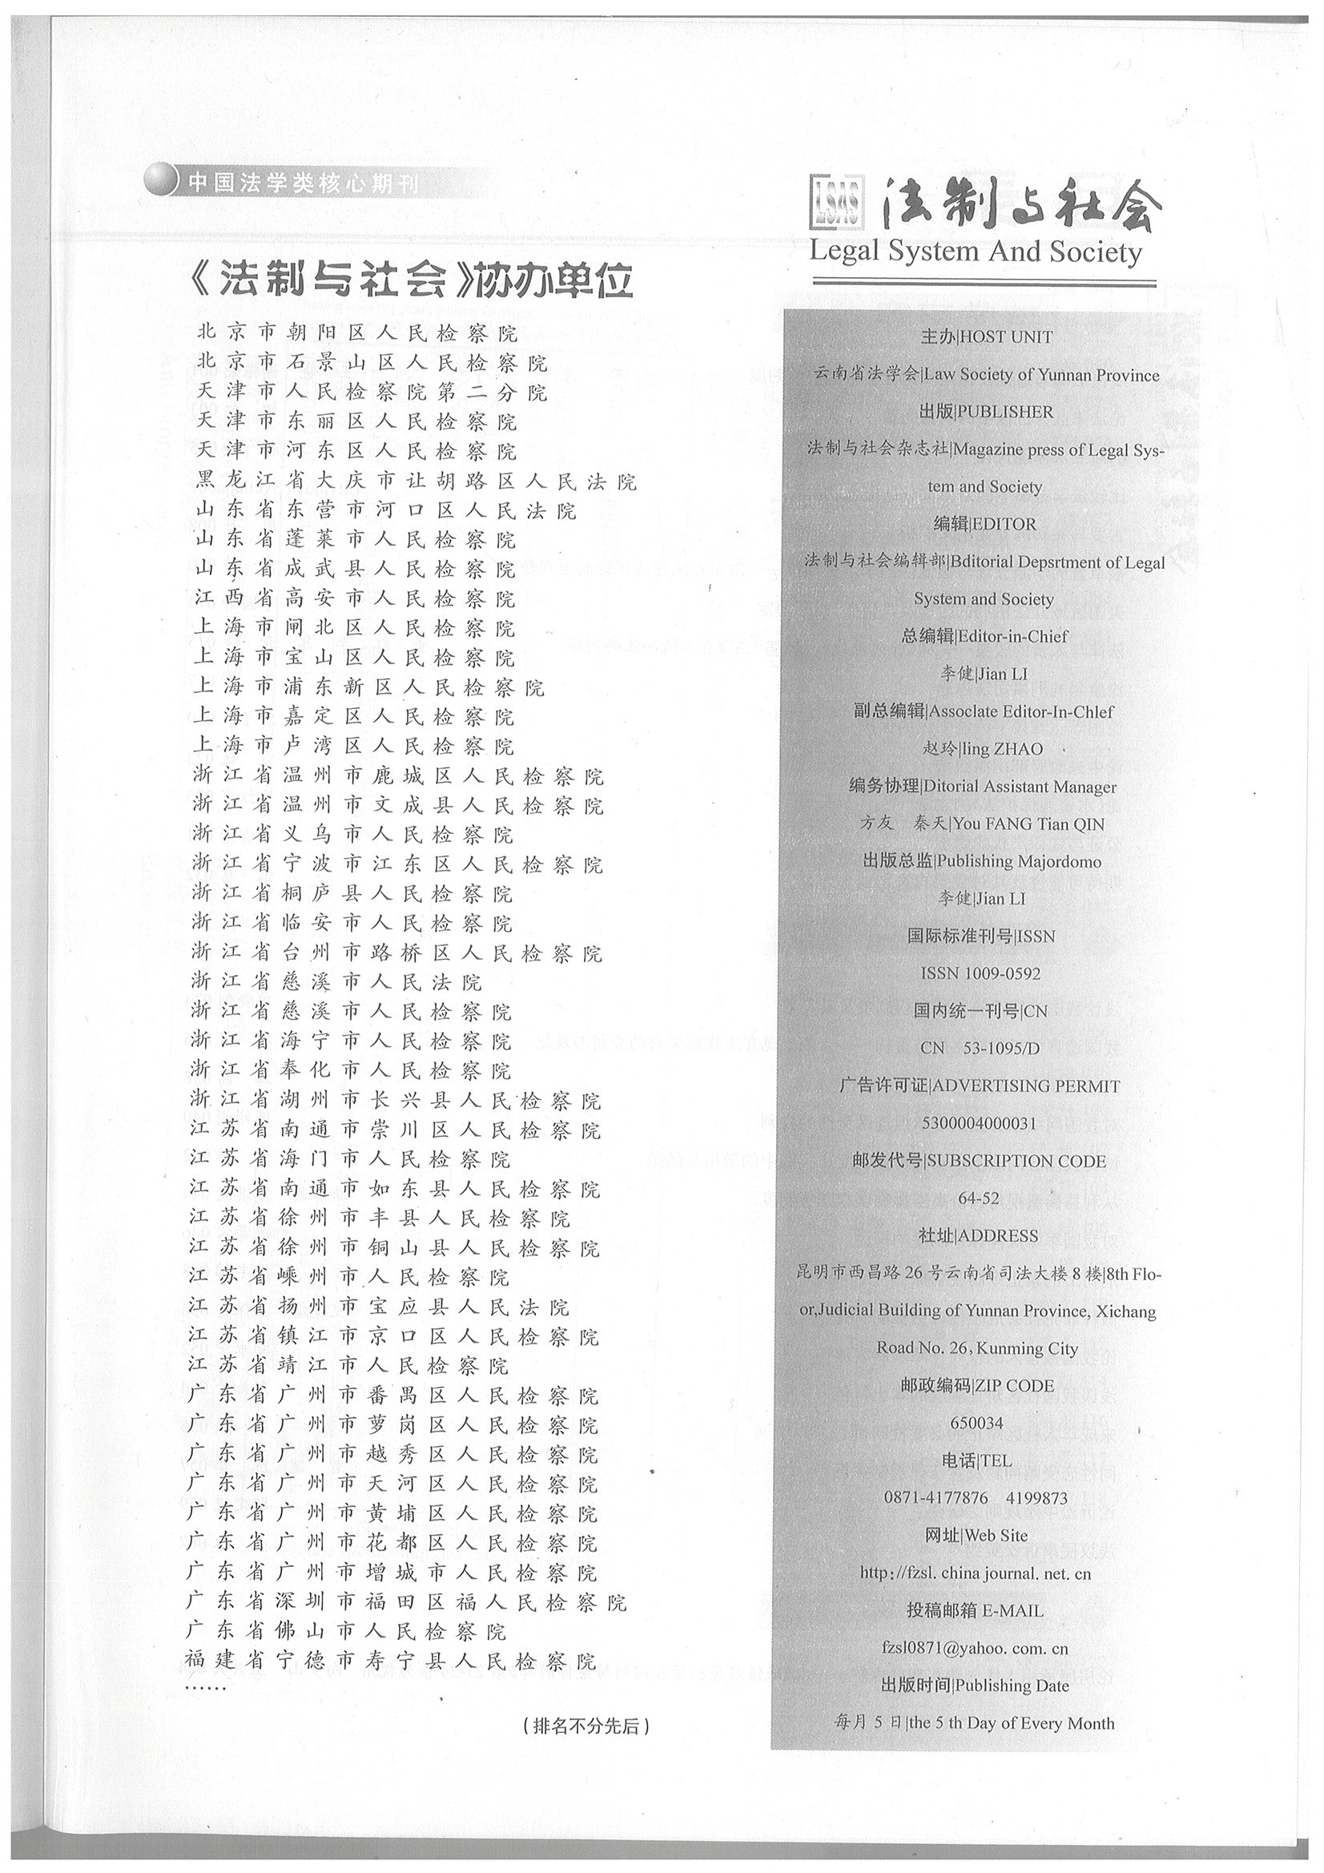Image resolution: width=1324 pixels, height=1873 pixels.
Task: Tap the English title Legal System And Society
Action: (975, 252)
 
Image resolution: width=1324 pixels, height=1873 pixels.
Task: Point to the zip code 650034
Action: (976, 1423)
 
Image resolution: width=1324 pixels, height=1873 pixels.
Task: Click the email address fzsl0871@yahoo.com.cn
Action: (975, 1648)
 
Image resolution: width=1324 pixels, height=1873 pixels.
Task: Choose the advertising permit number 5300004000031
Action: (978, 1123)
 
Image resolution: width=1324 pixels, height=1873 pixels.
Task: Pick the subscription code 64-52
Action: (978, 1198)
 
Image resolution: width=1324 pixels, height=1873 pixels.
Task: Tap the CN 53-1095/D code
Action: (980, 1049)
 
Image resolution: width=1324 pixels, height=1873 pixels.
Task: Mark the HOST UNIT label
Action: (1007, 337)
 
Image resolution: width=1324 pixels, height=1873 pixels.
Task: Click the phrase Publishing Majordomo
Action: (1018, 861)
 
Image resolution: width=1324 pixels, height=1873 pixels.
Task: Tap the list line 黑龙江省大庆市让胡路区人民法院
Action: (415, 481)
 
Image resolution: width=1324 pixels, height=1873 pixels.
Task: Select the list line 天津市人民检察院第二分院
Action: (371, 393)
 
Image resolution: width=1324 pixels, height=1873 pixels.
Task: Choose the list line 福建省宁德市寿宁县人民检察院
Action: (390, 1661)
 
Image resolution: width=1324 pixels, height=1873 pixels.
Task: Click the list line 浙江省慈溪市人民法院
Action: (337, 982)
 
